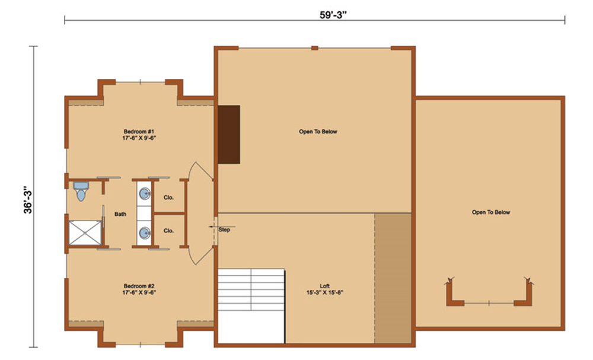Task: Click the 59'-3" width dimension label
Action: pos(333,15)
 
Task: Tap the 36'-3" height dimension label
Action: pos(28,200)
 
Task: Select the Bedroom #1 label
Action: pos(139,135)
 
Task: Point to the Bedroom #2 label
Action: pos(139,289)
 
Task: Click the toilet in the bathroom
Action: pos(81,191)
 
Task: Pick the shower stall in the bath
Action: pos(85,233)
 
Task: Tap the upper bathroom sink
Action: pos(145,194)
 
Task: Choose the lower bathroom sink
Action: pos(145,232)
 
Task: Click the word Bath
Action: pos(120,214)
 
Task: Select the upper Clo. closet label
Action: pos(168,197)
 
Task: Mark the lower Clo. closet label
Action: pos(168,231)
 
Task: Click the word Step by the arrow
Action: pos(224,230)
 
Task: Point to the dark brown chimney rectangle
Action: pos(229,135)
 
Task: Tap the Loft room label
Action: pos(324,289)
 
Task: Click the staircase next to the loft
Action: pos(251,306)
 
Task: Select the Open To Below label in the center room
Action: pos(318,132)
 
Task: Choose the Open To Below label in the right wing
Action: pos(491,212)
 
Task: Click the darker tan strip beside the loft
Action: pos(393,278)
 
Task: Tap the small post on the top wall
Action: pos(315,48)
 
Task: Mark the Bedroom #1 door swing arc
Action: pos(201,168)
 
